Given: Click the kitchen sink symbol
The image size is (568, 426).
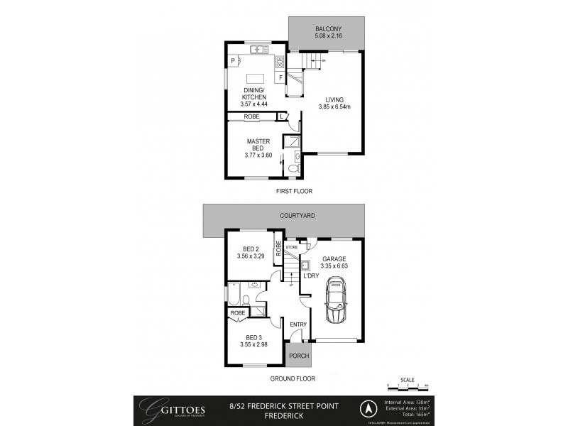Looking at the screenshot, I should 257,49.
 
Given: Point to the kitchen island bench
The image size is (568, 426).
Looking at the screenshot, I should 256,79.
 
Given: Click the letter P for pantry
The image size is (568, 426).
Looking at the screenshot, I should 234,61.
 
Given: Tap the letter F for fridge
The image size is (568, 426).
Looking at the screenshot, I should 281,77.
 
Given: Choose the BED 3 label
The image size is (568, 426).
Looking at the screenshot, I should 254,337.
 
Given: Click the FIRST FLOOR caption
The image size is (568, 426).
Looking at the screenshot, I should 294,191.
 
